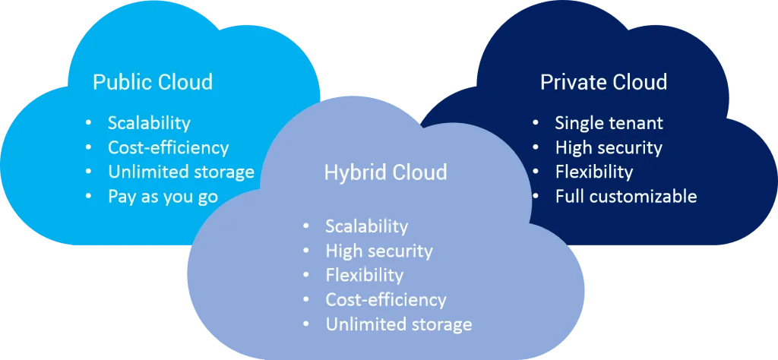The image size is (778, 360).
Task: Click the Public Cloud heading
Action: coord(152,82)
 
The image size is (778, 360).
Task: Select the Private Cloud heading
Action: coord(603,82)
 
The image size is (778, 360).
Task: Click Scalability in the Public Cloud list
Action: coord(149,123)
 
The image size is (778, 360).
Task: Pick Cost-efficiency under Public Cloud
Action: coord(168,147)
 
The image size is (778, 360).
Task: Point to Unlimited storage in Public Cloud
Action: coord(181,172)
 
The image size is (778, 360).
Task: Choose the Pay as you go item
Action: coord(163,197)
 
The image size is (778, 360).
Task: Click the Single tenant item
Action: coord(609,123)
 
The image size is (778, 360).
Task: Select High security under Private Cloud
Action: coord(609,147)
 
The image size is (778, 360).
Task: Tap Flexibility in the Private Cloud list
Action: coord(593,172)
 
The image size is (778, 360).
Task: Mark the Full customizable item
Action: coord(625,196)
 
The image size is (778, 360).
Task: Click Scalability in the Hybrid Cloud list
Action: coord(367,226)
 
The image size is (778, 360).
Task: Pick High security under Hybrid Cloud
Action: coord(379,251)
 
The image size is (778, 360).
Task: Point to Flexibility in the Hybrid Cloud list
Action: coord(364,275)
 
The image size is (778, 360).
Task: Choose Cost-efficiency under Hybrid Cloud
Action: coord(386,299)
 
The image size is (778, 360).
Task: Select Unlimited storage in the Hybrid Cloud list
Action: coord(399,324)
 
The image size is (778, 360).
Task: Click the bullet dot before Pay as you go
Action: coord(90,197)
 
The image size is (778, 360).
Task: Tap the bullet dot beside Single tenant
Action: coord(536,123)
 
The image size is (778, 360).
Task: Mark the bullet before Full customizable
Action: coord(536,196)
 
